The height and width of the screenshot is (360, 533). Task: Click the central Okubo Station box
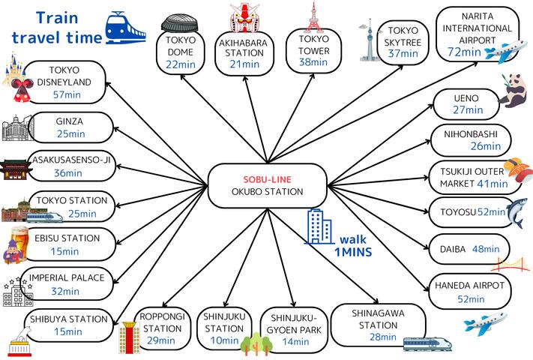coord(266,185)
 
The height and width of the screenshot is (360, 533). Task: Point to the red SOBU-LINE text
coord(266,179)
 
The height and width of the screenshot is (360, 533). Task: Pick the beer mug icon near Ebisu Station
coord(16,246)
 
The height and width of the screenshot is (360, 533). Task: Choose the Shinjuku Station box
coord(224,328)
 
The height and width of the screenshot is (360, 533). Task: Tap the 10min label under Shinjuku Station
coord(224,341)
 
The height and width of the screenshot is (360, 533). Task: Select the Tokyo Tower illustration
coord(312,16)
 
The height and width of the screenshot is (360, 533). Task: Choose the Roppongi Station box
coord(163,328)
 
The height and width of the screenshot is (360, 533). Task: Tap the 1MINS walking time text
coord(352,253)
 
